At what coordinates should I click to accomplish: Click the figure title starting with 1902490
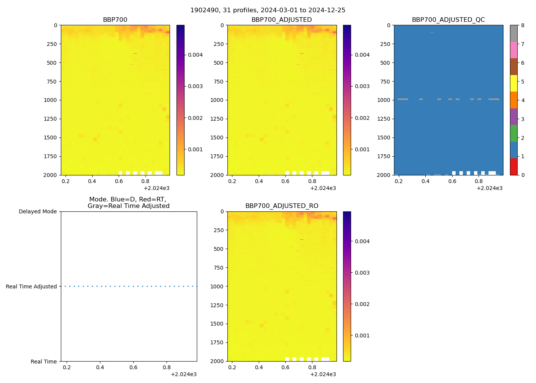tap(268, 10)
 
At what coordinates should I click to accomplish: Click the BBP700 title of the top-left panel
tap(115, 20)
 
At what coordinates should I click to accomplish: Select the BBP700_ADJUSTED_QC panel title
tap(448, 20)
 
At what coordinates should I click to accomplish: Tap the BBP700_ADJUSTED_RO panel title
tap(282, 206)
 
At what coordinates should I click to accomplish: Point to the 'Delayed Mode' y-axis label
tap(38, 211)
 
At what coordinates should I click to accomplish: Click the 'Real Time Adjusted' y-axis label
tap(31, 286)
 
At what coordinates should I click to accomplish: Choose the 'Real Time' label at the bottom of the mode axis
tap(44, 362)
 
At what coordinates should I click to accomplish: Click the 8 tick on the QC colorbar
tap(523, 25)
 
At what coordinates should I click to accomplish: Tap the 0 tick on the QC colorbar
tap(523, 175)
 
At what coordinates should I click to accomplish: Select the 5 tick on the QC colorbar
tap(523, 82)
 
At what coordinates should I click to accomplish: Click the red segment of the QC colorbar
tap(513, 167)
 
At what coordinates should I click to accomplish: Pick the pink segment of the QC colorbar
tap(513, 50)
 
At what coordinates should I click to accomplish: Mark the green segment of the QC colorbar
tap(513, 133)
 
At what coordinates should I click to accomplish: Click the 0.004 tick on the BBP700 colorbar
tap(195, 55)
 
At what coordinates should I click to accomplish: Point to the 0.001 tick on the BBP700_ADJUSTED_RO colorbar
tap(362, 336)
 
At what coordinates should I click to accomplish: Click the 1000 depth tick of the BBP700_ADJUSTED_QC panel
tap(384, 100)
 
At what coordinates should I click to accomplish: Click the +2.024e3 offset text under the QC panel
tap(489, 188)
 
